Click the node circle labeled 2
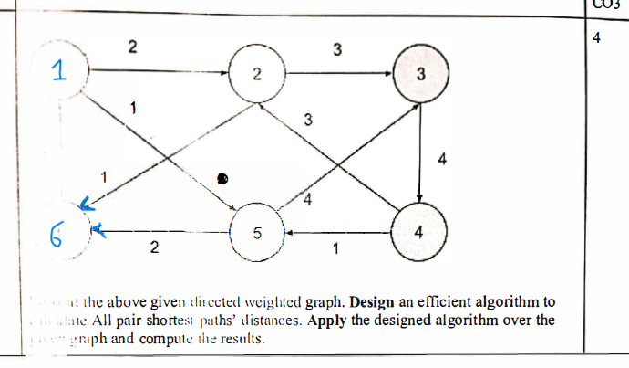[257, 76]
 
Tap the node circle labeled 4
[418, 232]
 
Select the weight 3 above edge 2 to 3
[337, 49]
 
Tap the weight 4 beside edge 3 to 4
[442, 160]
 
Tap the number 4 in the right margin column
[595, 39]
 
